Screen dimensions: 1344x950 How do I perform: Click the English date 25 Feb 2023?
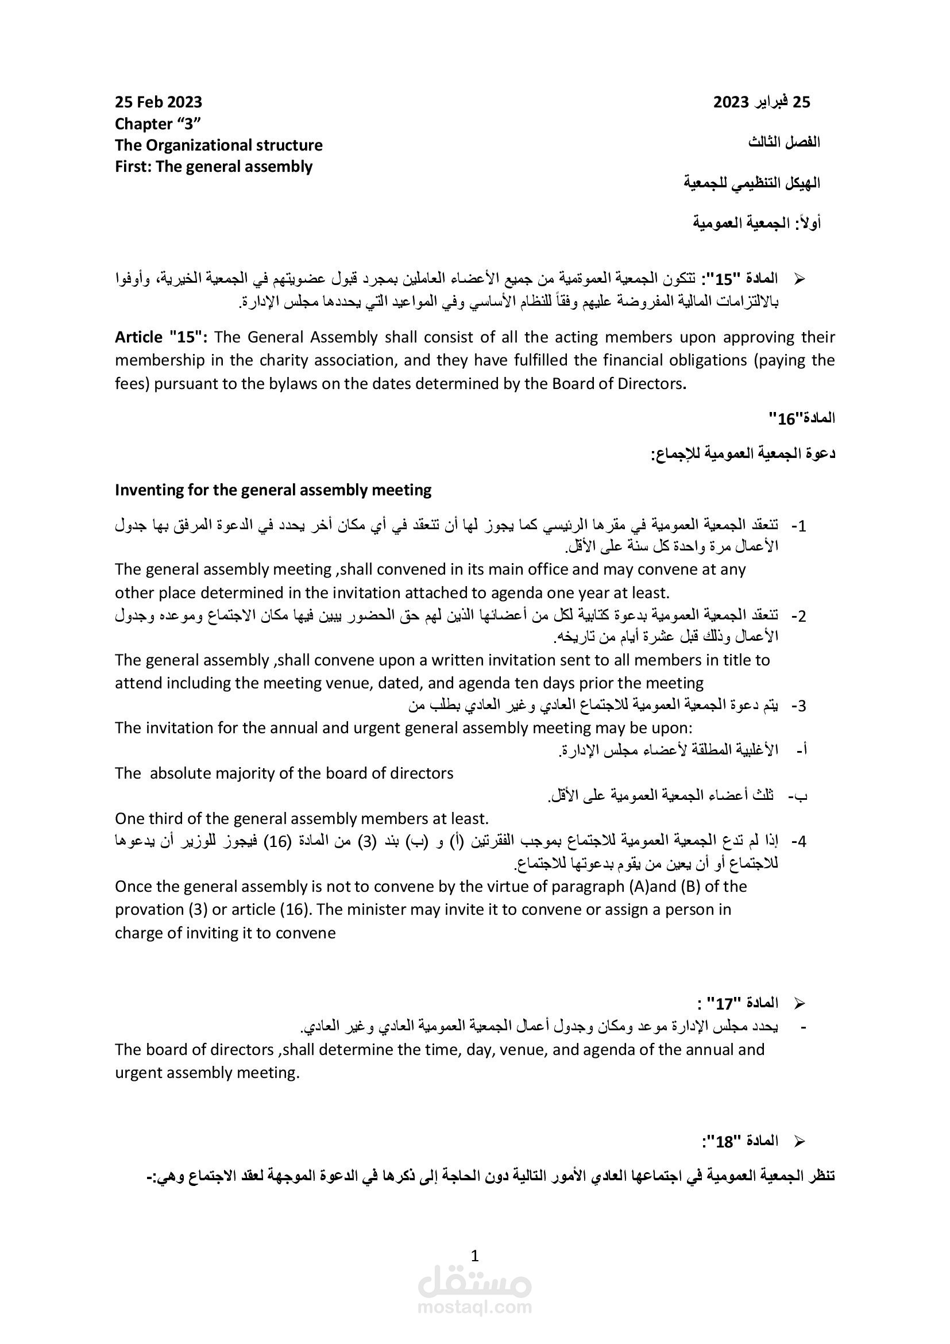158,102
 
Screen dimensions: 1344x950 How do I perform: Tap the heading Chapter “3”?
158,124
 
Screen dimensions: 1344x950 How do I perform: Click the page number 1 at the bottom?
474,1256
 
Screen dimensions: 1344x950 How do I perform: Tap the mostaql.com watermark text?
474,1307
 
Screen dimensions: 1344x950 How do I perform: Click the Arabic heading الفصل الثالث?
784,143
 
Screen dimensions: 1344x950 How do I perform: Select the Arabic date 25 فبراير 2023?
761,102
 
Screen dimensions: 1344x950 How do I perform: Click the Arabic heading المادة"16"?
801,418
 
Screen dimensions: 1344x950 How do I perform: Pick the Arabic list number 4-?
798,842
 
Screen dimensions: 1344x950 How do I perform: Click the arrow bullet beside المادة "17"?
799,1004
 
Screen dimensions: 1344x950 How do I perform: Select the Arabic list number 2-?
798,617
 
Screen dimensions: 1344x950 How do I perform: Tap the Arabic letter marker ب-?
798,796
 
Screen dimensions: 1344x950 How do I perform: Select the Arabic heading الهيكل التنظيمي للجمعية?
752,183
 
